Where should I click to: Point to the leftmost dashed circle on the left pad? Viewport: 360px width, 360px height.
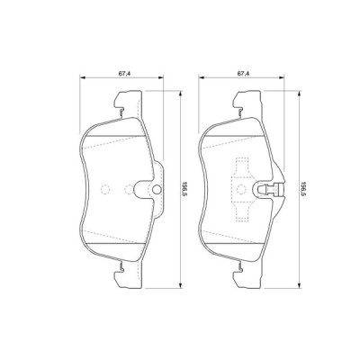(x=105, y=190)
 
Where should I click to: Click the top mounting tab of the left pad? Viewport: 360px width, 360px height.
(x=119, y=102)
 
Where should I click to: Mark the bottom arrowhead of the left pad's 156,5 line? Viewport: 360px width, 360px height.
(x=180, y=281)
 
